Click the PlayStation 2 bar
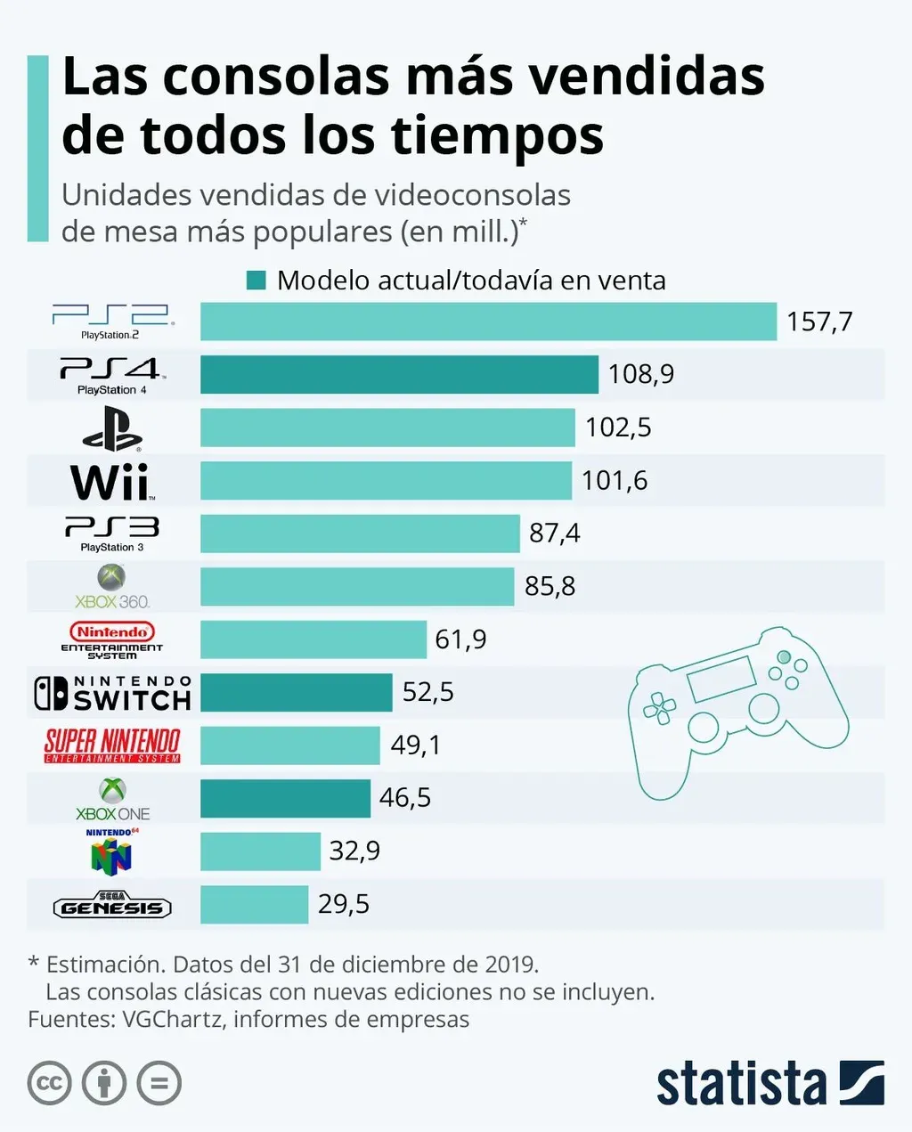(488, 322)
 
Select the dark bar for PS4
(399, 374)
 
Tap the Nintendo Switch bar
(296, 692)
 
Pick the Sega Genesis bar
(254, 904)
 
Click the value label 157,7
(819, 322)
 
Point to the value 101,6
(615, 481)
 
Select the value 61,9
(460, 639)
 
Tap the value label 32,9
(354, 851)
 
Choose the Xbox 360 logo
(112, 587)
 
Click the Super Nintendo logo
(112, 745)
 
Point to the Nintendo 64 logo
(112, 851)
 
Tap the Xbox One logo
(112, 799)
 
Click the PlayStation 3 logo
(112, 533)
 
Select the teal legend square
(256, 281)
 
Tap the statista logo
(769, 1083)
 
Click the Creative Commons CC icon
(50, 1083)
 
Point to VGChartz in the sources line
(172, 1019)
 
